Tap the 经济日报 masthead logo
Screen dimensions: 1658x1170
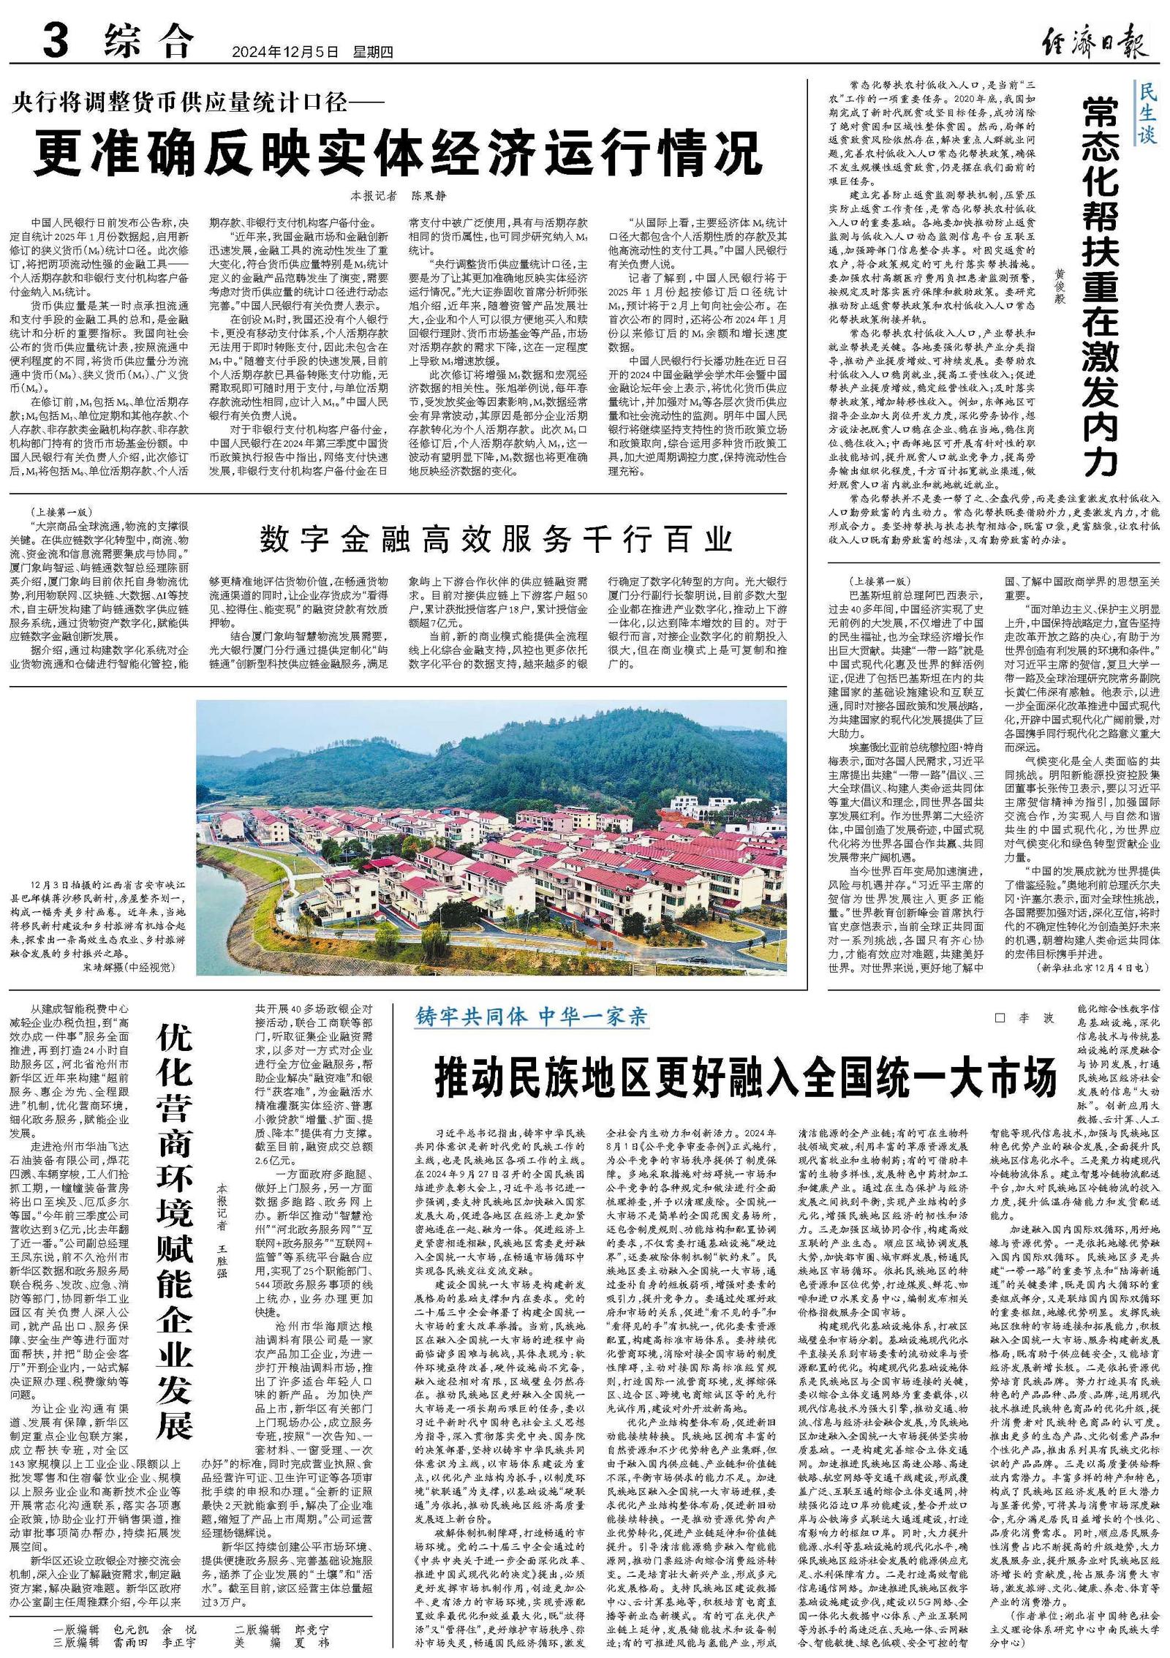(1093, 43)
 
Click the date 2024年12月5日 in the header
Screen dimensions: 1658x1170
(286, 53)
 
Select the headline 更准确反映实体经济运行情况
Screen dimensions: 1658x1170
(399, 152)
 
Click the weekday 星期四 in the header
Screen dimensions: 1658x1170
(373, 53)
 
